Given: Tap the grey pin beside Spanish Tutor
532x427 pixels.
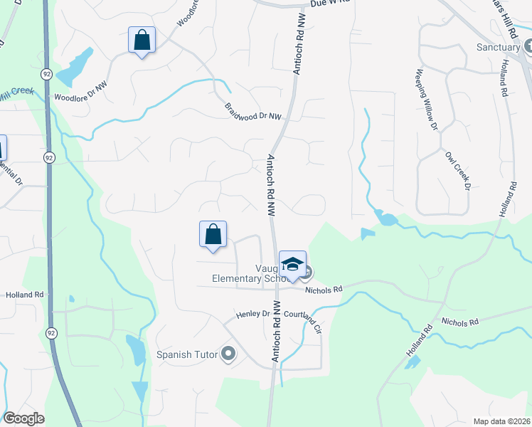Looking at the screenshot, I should tap(228, 353).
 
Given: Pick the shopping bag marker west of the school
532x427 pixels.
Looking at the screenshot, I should tap(213, 234).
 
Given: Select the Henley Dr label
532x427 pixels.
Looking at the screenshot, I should tap(253, 313).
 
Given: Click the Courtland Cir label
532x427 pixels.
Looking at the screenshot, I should tap(303, 314).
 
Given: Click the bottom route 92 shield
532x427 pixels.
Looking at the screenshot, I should tap(50, 332).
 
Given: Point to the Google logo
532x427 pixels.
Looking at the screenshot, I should tap(23, 418).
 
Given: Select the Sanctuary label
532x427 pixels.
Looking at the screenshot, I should tap(498, 48).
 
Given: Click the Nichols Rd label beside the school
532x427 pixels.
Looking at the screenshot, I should tap(324, 290).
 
